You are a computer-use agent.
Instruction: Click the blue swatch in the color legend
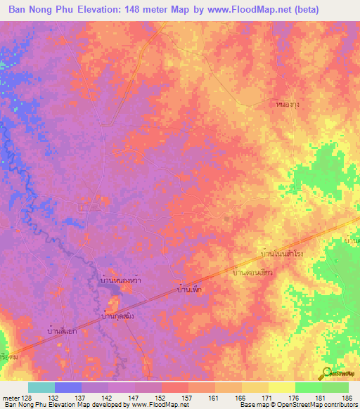coord(68,387)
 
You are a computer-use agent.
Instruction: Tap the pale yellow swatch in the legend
coord(281,387)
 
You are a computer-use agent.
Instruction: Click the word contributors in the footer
coord(339,405)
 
